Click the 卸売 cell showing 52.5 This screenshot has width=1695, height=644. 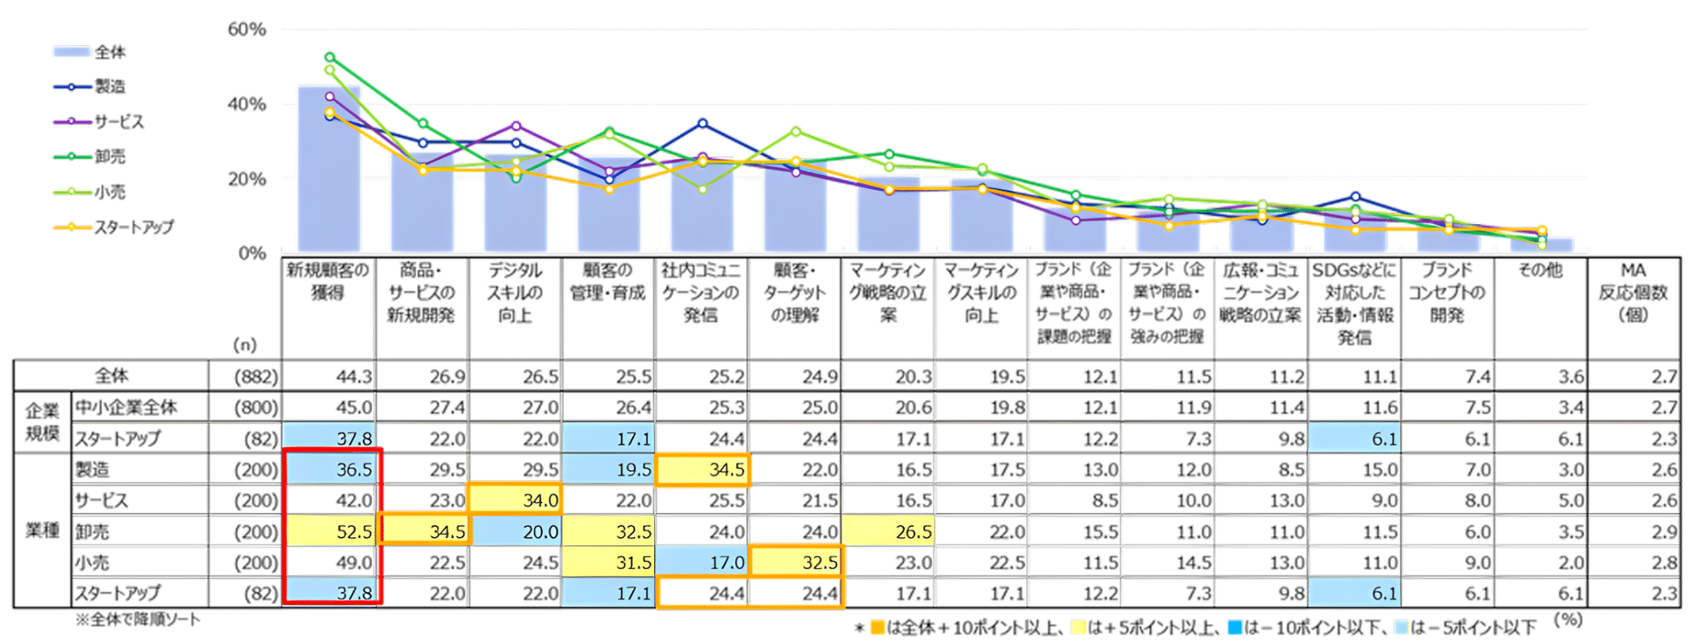332,531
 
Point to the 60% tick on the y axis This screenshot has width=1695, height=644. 246,29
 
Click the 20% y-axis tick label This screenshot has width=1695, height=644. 246,179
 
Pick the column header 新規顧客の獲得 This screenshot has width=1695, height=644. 328,281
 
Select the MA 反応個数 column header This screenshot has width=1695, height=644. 1632,292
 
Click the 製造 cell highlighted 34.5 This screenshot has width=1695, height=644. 703,469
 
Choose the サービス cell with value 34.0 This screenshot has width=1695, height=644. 516,500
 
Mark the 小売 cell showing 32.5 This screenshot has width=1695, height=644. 795,562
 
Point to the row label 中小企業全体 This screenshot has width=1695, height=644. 125,407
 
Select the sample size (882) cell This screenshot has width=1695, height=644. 256,377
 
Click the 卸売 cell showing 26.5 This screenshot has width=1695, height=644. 889,531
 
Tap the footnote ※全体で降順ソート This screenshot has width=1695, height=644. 137,619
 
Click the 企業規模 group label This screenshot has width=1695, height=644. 41,422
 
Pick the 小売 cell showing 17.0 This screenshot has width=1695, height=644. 703,562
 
